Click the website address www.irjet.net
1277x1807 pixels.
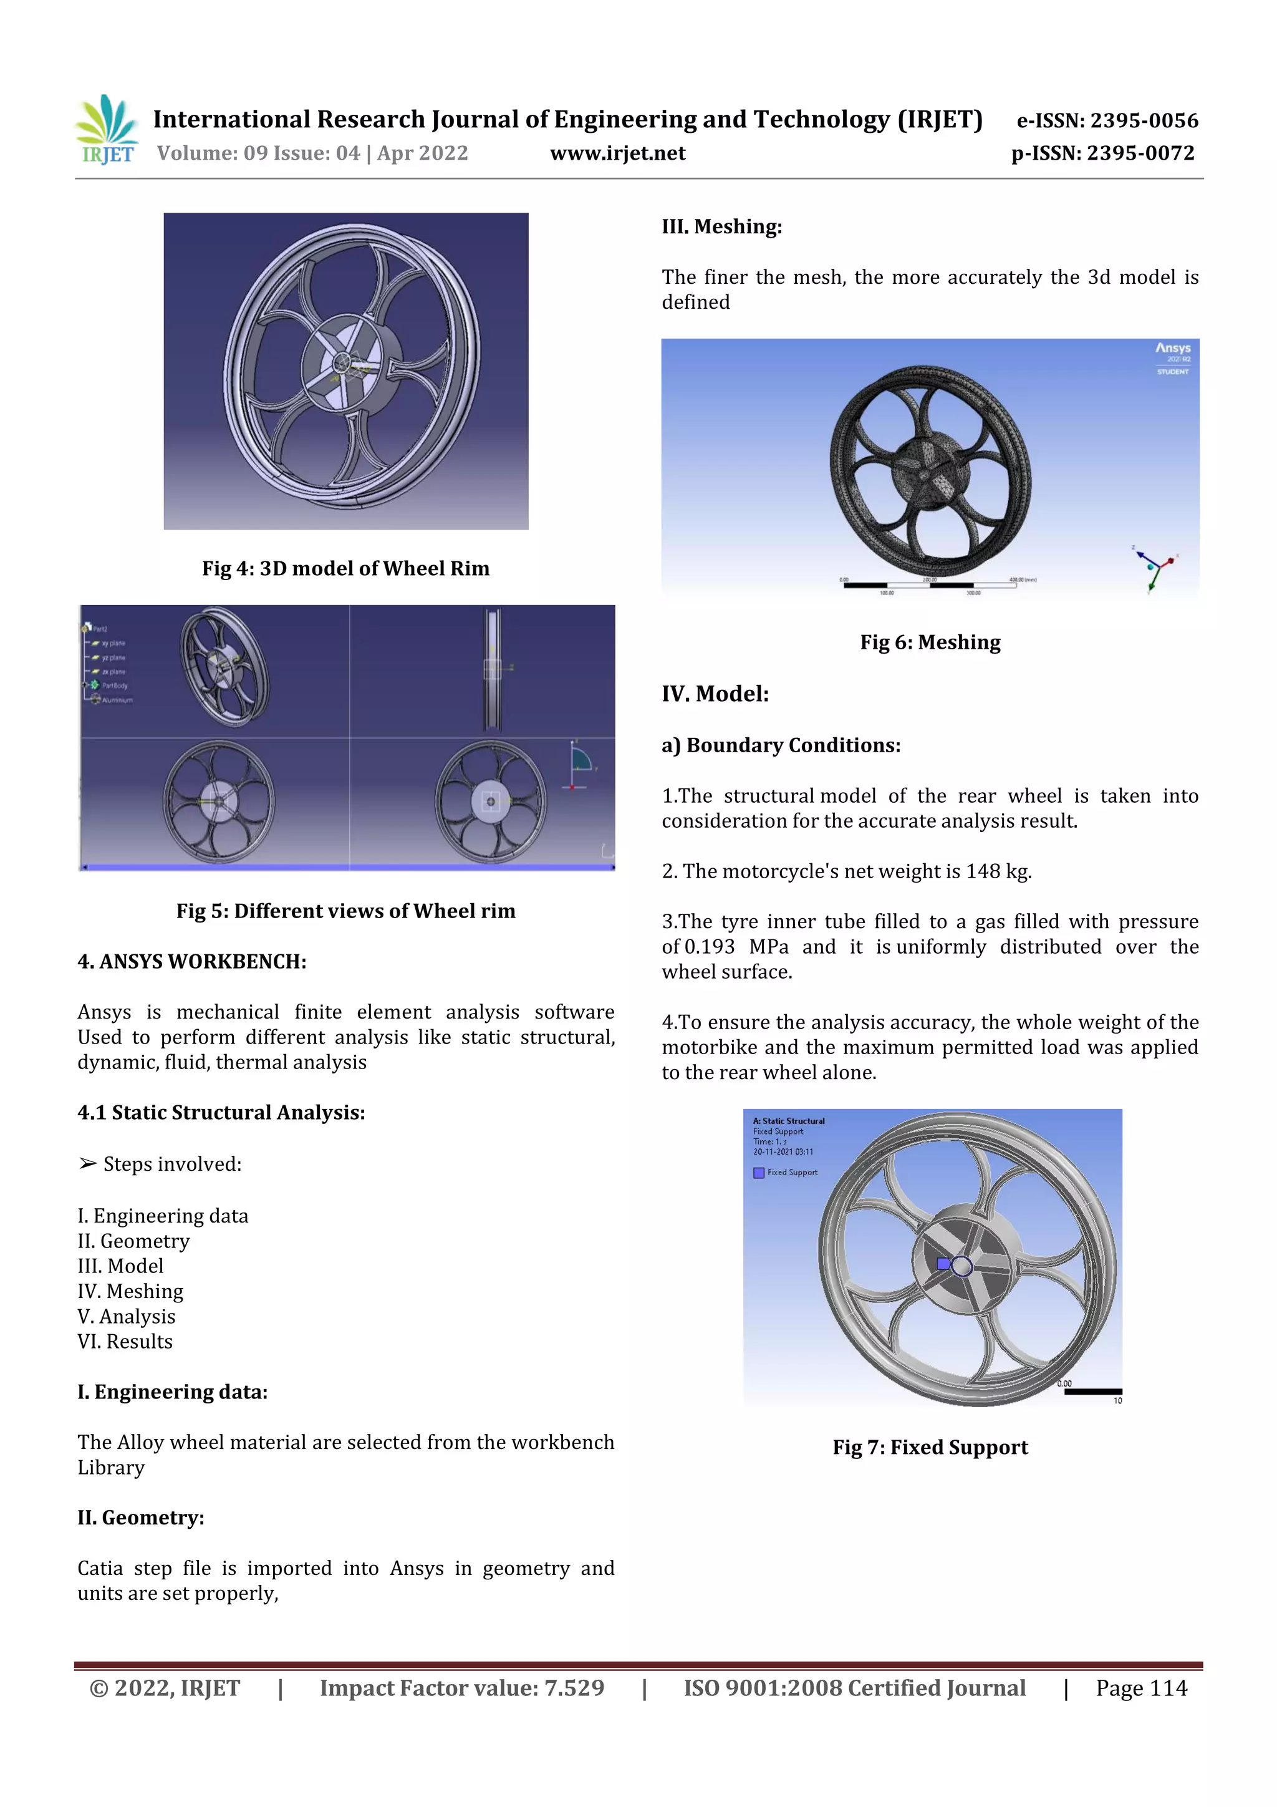coord(618,153)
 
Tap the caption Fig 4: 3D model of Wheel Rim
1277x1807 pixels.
coord(345,568)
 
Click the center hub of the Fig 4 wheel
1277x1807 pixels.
coord(343,363)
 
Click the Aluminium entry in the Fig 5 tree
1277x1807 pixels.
coord(117,700)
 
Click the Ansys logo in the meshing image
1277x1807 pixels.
coord(1172,349)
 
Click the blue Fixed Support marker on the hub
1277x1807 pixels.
coord(943,1264)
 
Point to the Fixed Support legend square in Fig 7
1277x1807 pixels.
coord(758,1173)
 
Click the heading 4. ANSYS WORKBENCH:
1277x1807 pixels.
coord(192,962)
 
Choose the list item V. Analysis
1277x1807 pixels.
coord(126,1317)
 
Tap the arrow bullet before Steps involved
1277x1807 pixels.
coord(87,1164)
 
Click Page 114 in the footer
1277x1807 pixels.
coord(1141,1688)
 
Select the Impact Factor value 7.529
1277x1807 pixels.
coord(574,1688)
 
